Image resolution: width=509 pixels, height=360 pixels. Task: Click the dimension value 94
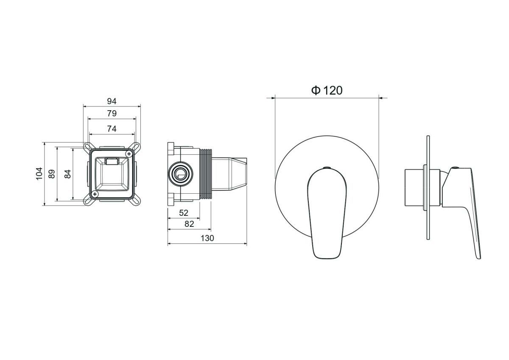click(112, 101)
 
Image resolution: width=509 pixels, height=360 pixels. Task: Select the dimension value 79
click(112, 113)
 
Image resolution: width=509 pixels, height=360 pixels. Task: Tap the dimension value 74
click(112, 129)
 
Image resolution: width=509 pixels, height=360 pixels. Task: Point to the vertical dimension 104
click(39, 174)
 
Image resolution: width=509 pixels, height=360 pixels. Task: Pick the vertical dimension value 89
click(52, 174)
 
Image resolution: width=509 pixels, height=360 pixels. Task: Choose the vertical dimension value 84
click(68, 174)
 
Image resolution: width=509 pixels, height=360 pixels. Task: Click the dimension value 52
click(184, 213)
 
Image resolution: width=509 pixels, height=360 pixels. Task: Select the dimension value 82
click(189, 224)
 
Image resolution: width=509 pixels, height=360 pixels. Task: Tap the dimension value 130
click(207, 238)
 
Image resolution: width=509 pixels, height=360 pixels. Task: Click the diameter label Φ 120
click(327, 90)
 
